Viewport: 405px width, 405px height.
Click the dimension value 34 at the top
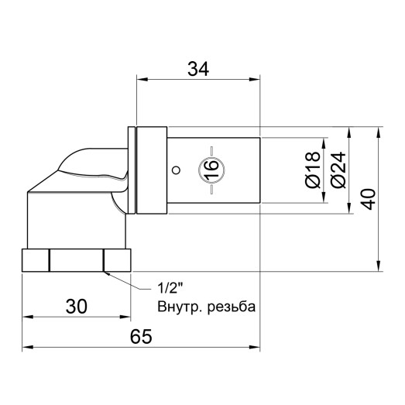[x=198, y=68]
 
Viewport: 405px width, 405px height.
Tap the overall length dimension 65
[x=139, y=337]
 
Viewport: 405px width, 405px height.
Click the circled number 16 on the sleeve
[x=208, y=170]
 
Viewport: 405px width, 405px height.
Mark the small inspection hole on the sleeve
[x=177, y=170]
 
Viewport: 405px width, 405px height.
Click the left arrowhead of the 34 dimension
[x=139, y=79]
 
